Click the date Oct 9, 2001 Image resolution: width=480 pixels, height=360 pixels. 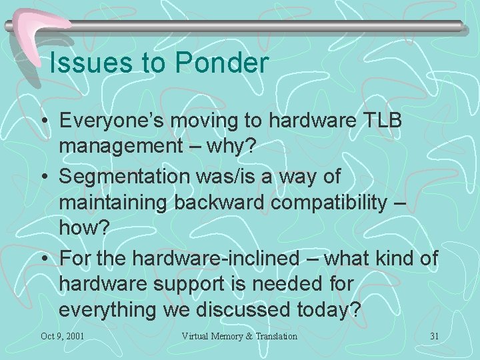click(62, 336)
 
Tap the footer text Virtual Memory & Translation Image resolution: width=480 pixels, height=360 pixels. click(239, 336)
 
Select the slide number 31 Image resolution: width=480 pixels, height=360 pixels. click(434, 336)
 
